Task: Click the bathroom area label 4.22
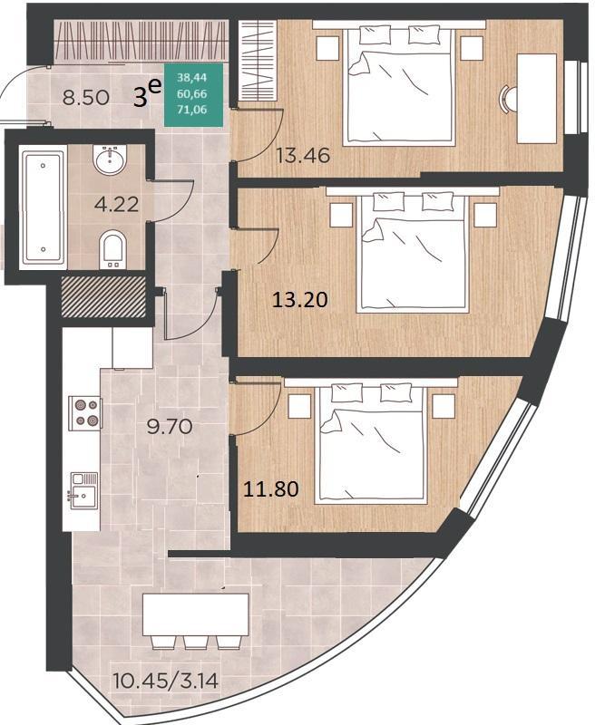[116, 204]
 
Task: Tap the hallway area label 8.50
[86, 98]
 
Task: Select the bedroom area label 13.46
[303, 155]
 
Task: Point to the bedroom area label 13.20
[300, 300]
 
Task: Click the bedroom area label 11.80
[270, 488]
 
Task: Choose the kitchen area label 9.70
[170, 426]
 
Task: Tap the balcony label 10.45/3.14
[166, 681]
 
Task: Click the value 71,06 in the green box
[192, 110]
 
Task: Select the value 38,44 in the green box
[192, 79]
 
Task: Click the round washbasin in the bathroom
[110, 158]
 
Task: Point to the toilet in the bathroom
[112, 249]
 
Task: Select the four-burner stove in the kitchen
[85, 413]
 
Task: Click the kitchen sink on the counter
[83, 491]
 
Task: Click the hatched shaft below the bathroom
[103, 296]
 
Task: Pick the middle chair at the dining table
[195, 643]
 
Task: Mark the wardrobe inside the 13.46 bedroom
[257, 62]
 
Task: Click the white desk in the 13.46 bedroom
[536, 99]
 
